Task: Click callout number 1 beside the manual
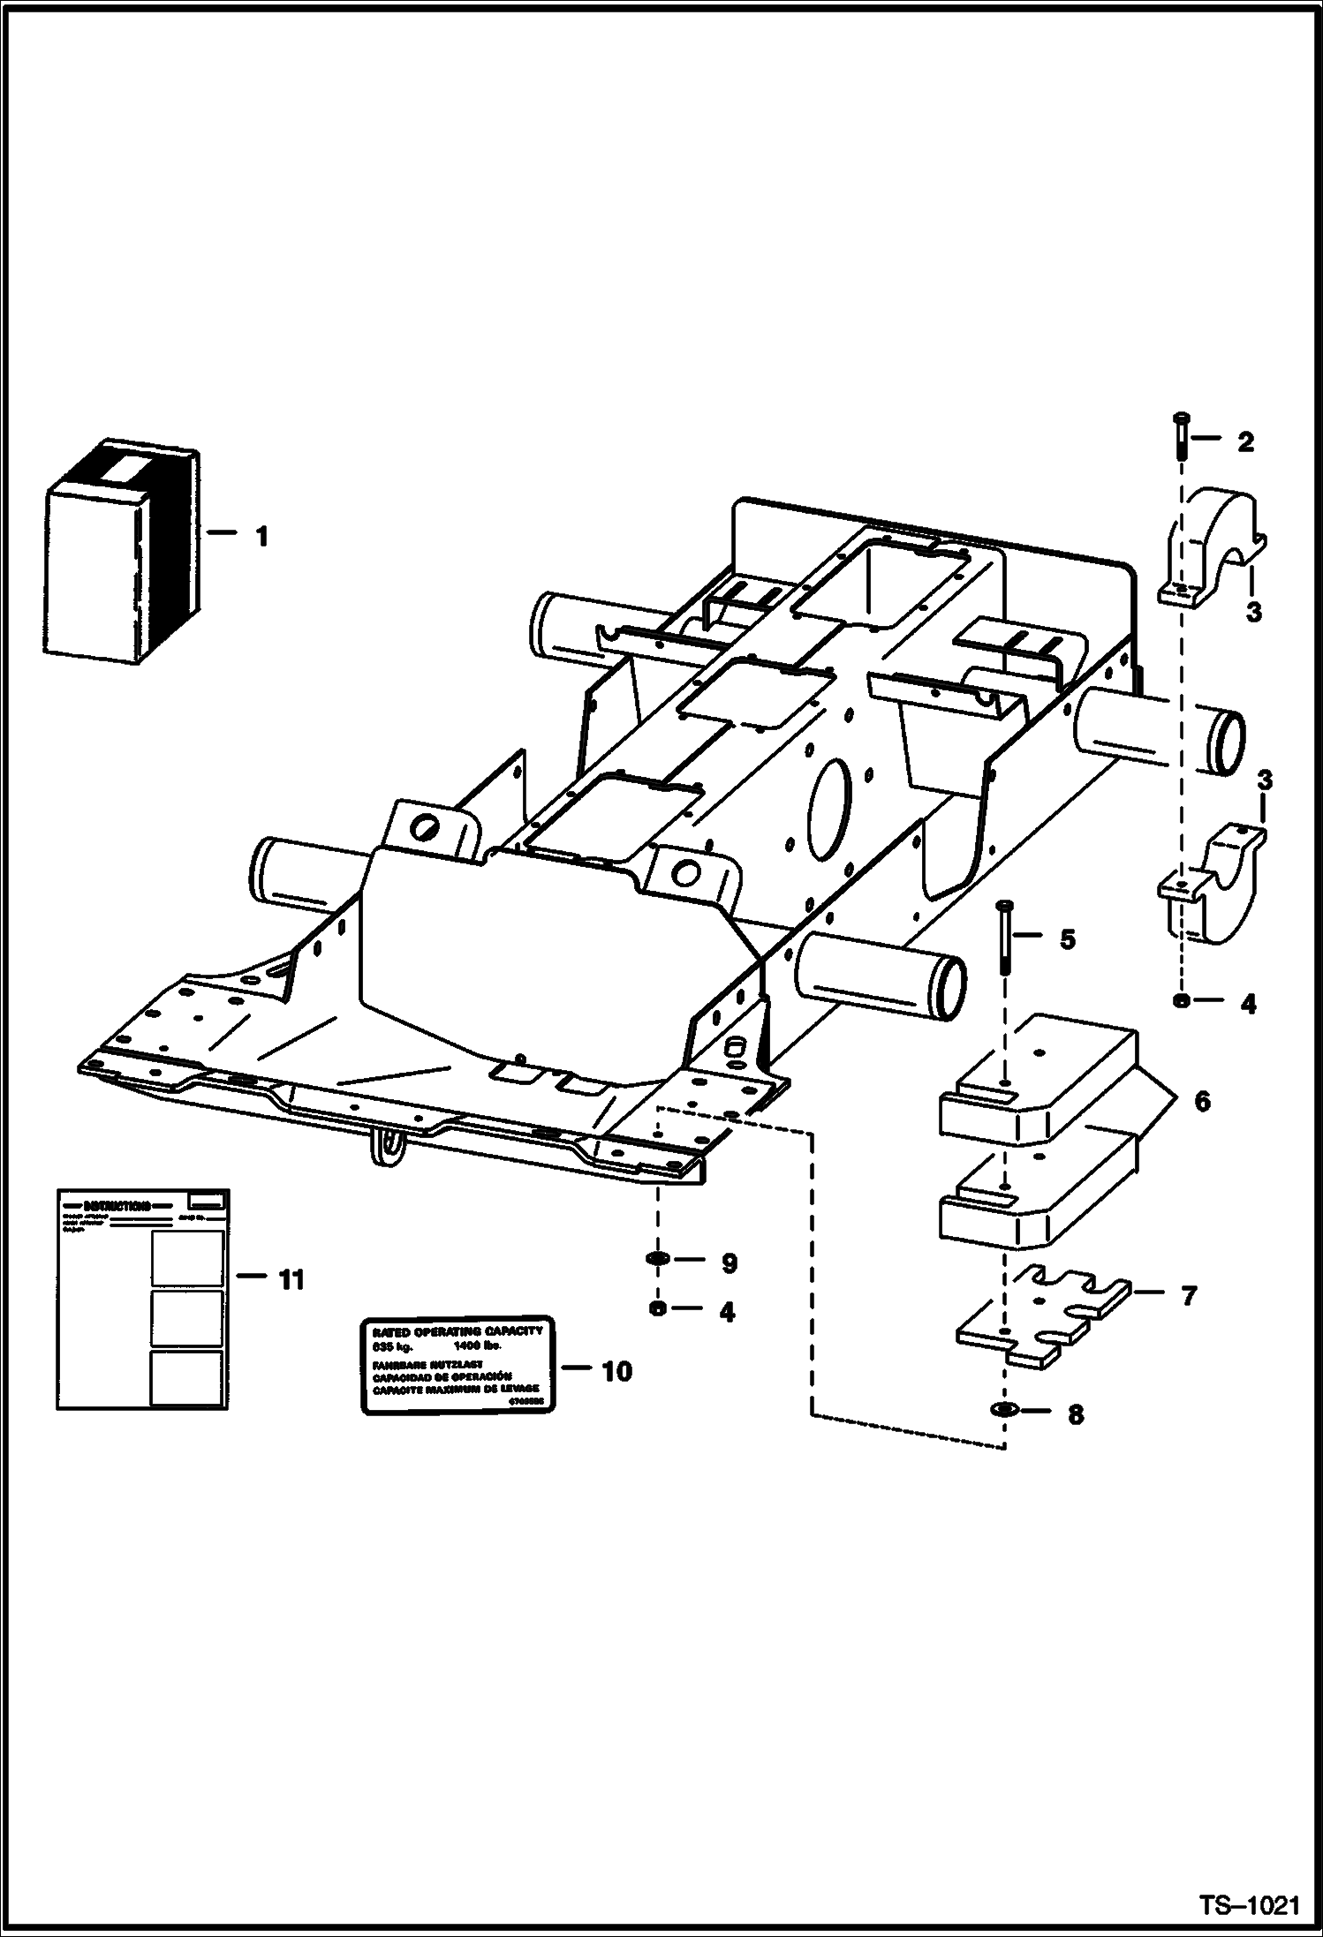[x=261, y=536]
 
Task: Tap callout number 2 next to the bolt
[x=1245, y=441]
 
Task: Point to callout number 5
[x=1068, y=940]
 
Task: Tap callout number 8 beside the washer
[x=1075, y=1415]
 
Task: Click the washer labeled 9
[x=658, y=1257]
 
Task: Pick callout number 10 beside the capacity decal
[x=617, y=1371]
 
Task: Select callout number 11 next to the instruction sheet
[x=291, y=1279]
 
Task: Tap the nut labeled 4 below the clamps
[x=1181, y=1000]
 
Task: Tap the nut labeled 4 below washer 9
[x=657, y=1308]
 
